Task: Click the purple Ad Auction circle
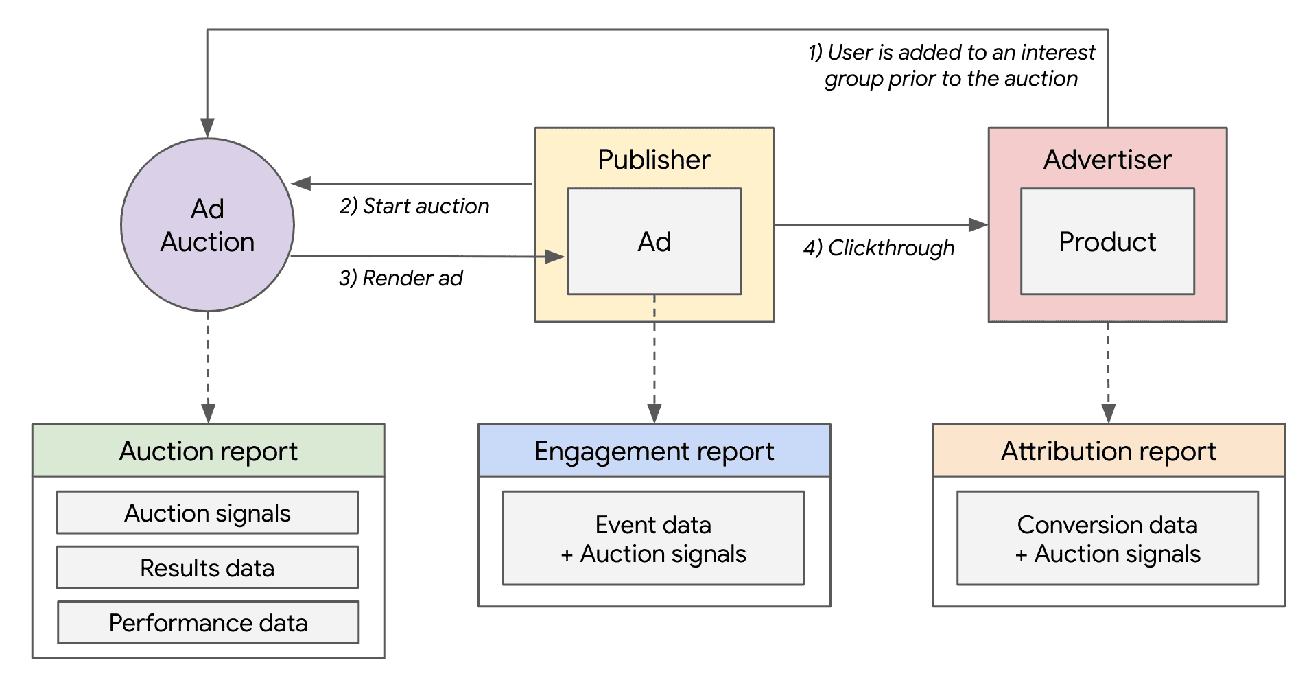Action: (207, 225)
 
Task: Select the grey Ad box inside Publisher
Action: (654, 242)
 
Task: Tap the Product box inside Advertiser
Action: (1107, 242)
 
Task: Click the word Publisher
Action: (654, 159)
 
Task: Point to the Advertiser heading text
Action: (1107, 159)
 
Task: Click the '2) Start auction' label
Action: (414, 206)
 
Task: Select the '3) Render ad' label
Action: (401, 278)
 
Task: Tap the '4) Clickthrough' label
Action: (879, 248)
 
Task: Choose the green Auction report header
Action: (208, 451)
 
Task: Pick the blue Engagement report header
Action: (654, 451)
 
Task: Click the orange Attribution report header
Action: (1108, 451)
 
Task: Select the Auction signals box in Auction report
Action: (207, 513)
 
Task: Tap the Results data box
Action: (207, 568)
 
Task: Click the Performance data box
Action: (208, 622)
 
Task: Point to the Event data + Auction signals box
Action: (653, 539)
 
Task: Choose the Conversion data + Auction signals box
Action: (1107, 539)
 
